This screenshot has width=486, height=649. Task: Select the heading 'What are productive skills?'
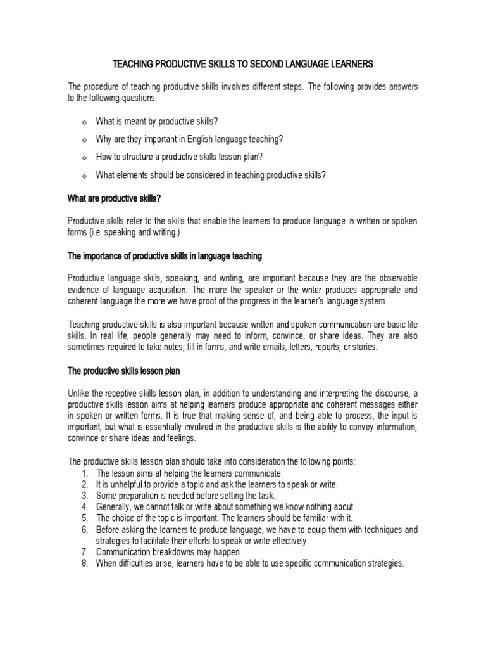pos(115,198)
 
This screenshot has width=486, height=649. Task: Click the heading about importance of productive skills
pos(165,256)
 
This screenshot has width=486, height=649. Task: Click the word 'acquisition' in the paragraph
pos(155,289)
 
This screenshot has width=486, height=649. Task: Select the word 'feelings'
pos(182,438)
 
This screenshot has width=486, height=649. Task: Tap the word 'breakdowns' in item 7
pos(170,552)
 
